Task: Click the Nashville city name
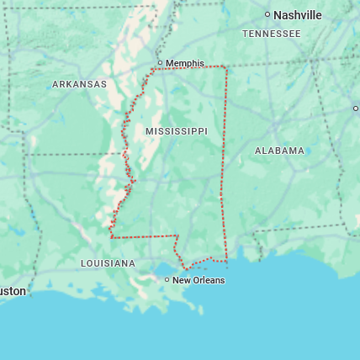(298, 14)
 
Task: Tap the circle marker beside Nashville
(267, 14)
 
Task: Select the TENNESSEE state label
(271, 34)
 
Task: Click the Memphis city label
(185, 63)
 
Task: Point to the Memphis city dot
(160, 62)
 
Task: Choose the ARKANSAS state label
(79, 84)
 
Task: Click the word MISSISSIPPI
(176, 132)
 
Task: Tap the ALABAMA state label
(279, 151)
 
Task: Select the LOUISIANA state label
(108, 263)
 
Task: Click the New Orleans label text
(199, 280)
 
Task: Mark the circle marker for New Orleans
(167, 279)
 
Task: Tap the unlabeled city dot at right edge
(355, 108)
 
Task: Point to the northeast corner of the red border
(225, 66)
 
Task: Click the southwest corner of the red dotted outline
(111, 237)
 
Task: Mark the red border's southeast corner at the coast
(226, 259)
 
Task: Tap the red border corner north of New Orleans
(177, 236)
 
